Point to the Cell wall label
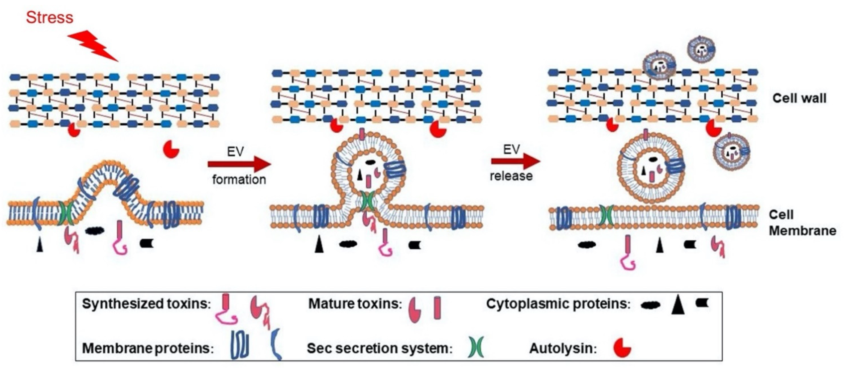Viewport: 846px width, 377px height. tap(799, 98)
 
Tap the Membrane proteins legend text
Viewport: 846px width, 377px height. tap(148, 348)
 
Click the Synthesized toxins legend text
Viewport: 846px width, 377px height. tap(146, 304)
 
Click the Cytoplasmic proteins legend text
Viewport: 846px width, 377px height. tap(558, 304)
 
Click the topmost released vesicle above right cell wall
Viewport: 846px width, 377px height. tap(701, 50)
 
